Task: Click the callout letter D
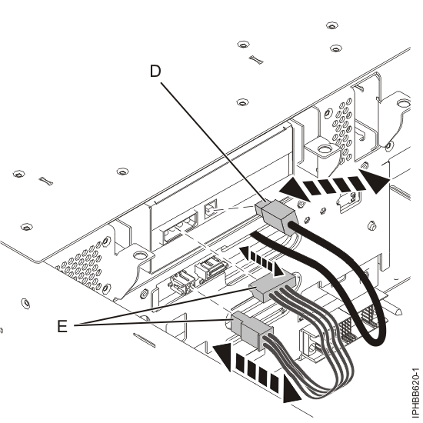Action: pos(155,72)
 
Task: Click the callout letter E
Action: pos(62,326)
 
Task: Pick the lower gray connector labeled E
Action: pos(251,331)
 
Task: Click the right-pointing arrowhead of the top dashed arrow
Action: pos(375,182)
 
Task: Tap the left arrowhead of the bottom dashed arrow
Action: pos(222,357)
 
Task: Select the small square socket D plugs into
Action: pos(211,207)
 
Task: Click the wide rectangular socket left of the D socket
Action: pos(180,227)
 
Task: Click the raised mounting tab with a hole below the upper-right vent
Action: pos(321,155)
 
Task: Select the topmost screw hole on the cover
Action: pos(331,25)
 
